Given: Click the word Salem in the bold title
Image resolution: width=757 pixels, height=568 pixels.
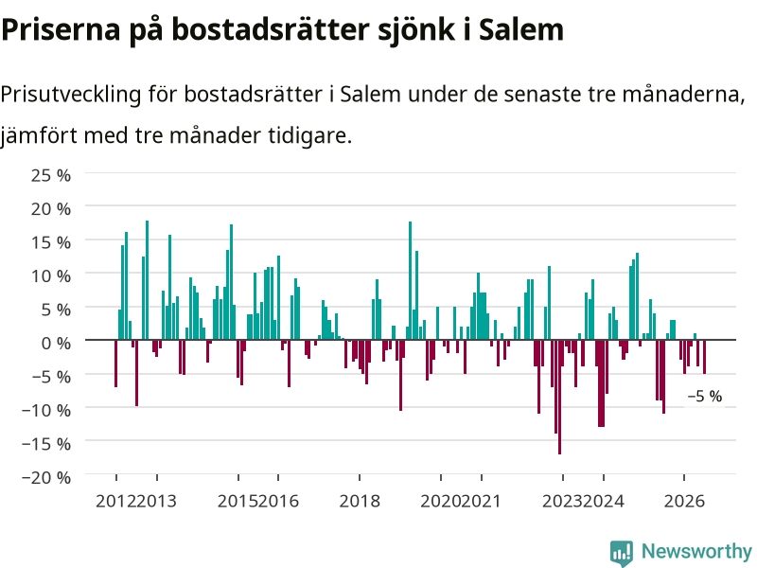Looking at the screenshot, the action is [x=521, y=29].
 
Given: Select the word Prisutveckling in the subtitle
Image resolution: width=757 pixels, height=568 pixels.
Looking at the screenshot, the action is [x=70, y=94].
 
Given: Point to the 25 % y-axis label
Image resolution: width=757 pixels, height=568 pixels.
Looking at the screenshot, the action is [x=51, y=175].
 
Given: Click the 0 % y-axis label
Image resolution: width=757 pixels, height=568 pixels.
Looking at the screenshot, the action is [x=56, y=344].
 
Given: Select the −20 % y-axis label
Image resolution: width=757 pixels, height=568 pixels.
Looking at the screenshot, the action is [x=46, y=478].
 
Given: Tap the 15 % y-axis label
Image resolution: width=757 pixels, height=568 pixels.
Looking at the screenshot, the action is [x=51, y=242].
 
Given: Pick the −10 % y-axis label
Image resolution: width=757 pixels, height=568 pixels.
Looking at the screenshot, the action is [x=46, y=411].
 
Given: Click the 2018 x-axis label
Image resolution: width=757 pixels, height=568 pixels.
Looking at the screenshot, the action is [x=360, y=502].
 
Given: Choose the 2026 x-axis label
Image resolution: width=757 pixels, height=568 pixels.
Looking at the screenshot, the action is [x=684, y=502].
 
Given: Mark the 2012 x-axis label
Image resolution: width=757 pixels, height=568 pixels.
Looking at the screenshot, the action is [x=115, y=502].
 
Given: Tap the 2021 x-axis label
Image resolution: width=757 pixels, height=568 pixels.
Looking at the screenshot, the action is [x=481, y=502].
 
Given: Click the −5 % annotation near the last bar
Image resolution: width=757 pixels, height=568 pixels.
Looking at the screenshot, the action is [x=705, y=397].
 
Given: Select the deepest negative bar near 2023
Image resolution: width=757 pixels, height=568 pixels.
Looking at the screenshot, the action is [x=559, y=397].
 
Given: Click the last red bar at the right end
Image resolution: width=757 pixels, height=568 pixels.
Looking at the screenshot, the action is [x=704, y=357].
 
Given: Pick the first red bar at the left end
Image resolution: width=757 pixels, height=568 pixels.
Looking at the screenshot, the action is [x=115, y=364].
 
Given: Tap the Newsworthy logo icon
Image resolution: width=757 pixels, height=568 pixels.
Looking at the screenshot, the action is [x=622, y=553].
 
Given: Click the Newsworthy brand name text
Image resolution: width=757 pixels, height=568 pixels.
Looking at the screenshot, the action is [x=696, y=551].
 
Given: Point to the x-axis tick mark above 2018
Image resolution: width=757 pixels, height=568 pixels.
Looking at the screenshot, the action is [x=360, y=478].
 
